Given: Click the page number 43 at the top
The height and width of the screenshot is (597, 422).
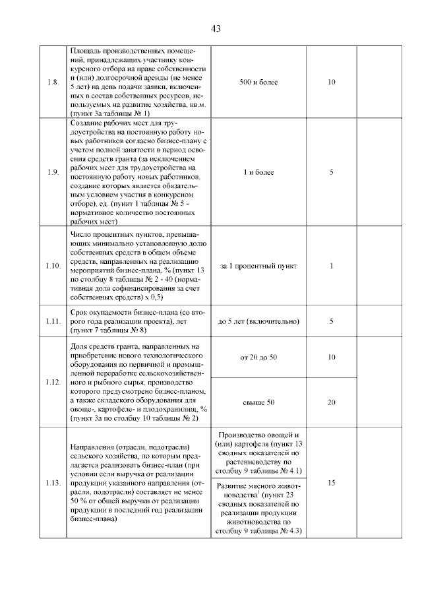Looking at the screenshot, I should click(x=214, y=28).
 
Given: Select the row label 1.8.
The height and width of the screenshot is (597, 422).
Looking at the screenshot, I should click(x=53, y=82).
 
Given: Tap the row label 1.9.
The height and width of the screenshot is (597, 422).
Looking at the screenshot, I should click(x=53, y=172).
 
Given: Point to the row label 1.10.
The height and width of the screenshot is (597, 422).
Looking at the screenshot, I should click(x=53, y=266).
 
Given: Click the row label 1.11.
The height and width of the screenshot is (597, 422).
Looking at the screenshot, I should click(x=53, y=321).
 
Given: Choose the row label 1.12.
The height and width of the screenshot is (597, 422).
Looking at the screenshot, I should click(x=53, y=382).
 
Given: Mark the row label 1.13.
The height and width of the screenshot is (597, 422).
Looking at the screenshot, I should click(x=53, y=483).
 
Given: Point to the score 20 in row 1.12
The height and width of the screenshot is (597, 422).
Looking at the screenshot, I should click(x=332, y=402).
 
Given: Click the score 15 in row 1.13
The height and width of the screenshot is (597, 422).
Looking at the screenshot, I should click(x=332, y=483).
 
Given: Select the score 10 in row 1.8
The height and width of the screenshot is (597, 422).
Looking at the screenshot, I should click(x=332, y=82).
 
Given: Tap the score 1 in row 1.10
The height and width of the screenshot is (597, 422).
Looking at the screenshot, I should click(x=332, y=266).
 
